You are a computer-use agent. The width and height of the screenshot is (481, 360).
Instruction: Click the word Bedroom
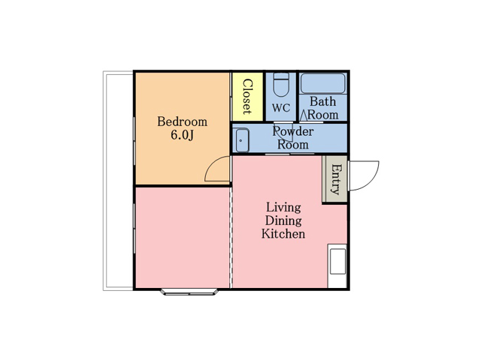pos(182,121)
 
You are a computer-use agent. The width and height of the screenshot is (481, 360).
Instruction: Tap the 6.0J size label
pos(182,135)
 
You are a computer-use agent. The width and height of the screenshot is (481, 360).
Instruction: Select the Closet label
pos(247,97)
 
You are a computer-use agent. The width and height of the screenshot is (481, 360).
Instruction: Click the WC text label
pos(280,108)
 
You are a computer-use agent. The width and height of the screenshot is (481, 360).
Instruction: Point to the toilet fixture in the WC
pos(281,85)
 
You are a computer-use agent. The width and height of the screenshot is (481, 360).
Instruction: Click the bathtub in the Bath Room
pos(322,83)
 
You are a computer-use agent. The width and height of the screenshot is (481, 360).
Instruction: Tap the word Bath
pos(322,101)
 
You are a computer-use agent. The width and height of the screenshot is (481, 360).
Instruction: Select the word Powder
pos(293,131)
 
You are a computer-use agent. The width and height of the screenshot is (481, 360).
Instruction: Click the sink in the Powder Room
pos(242,140)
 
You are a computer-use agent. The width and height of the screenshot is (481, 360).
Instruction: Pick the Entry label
pos(336,179)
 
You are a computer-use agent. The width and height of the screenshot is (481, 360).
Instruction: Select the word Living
pos(283,207)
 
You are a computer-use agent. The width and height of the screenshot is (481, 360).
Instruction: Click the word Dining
pos(283,220)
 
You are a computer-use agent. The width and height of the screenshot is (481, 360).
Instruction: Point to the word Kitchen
pos(283,234)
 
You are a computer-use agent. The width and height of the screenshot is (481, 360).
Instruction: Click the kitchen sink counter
pos(337,265)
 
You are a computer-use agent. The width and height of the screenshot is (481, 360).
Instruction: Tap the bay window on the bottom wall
pos(189,292)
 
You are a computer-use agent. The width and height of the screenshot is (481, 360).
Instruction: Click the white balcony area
pos(118,181)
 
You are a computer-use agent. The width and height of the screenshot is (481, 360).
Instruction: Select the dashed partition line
pos(231,237)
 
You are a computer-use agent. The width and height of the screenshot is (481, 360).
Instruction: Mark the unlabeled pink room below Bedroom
pos(182,238)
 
